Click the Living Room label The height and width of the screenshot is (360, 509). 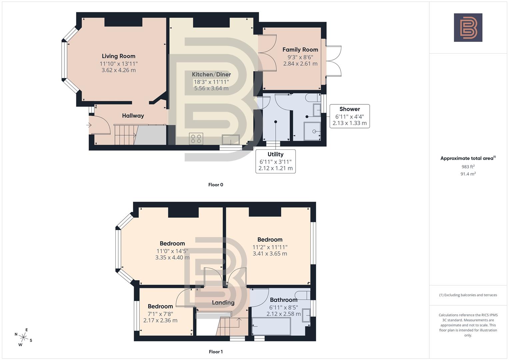click(118, 56)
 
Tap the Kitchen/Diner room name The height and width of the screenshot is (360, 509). click(211, 74)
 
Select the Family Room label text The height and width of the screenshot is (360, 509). click(300, 50)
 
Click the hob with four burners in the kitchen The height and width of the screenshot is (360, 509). click(196, 139)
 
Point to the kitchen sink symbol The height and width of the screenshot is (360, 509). click(231, 140)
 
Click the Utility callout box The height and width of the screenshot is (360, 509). click(275, 161)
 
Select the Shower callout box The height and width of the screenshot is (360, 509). click(349, 116)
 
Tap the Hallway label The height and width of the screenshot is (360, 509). click(133, 116)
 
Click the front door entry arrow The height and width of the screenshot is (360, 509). click(89, 125)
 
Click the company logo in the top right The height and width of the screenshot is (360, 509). click(468, 27)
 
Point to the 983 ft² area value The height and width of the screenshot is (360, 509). click(468, 167)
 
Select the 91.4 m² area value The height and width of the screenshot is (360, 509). click(468, 174)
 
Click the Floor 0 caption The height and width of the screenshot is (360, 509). click(215, 185)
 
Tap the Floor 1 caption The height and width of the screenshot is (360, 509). click(215, 352)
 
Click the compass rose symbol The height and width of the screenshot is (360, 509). click(24, 337)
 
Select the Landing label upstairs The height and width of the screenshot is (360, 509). click(223, 303)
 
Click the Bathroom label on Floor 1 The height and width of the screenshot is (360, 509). click(283, 300)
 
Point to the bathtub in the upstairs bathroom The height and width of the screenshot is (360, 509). click(271, 326)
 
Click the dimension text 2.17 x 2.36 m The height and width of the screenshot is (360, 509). click(160, 320)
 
